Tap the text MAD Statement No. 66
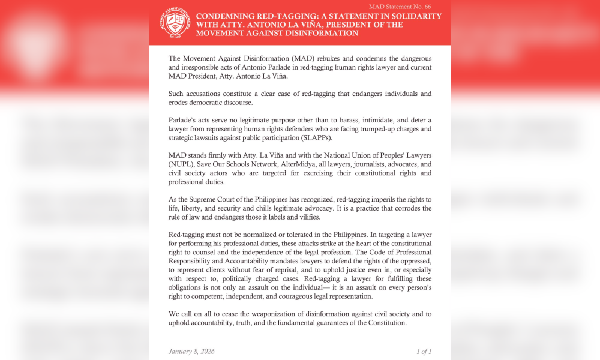408,6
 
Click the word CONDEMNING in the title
226,16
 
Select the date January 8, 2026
191,351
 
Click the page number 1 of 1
424,351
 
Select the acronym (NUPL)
183,164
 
